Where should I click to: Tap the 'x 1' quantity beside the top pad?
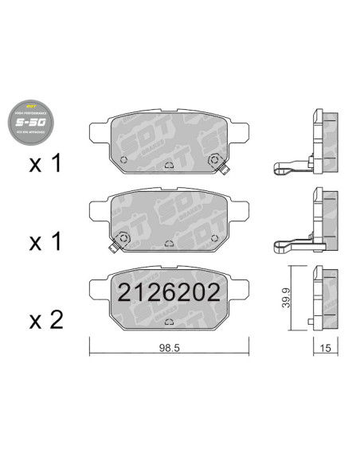[45, 164]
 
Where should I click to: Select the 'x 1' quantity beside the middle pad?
[45, 242]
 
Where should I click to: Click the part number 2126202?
[169, 293]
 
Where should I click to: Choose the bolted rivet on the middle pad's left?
[123, 237]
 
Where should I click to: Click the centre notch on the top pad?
[169, 167]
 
